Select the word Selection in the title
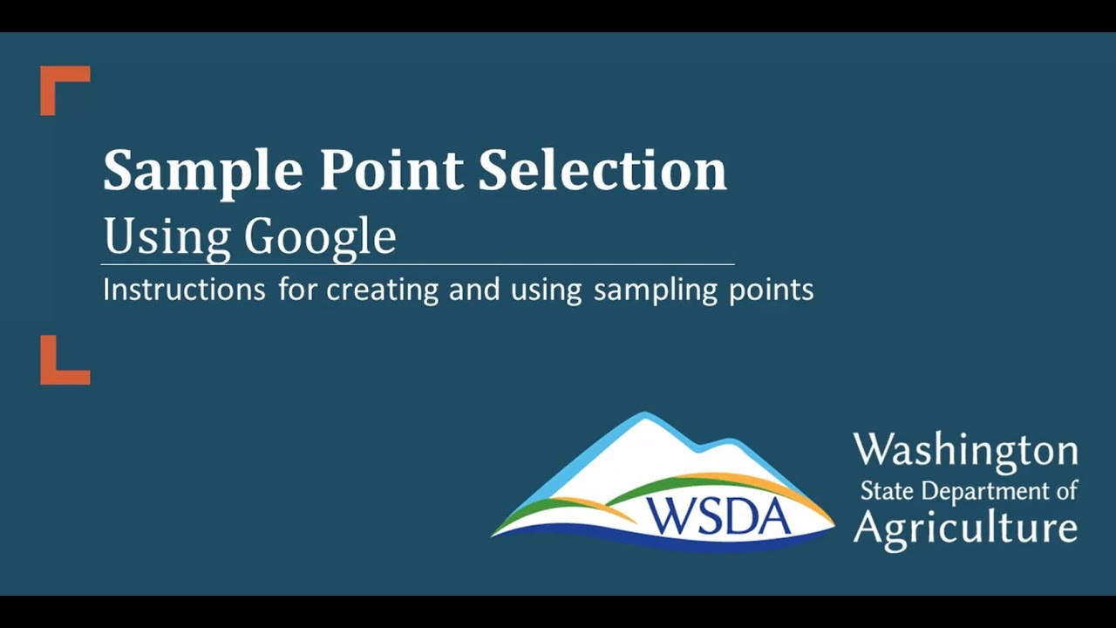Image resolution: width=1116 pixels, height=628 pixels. [602, 169]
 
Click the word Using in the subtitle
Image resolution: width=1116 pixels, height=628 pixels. [167, 236]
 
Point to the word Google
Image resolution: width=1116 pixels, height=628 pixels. [320, 237]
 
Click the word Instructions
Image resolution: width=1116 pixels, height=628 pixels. [184, 289]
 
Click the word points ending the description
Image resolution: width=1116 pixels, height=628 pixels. [771, 290]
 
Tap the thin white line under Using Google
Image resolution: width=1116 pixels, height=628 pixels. [418, 263]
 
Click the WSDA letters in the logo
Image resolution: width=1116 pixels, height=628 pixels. [719, 515]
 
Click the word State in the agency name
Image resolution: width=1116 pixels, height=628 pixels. [886, 490]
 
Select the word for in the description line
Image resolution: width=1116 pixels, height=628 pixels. [298, 289]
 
